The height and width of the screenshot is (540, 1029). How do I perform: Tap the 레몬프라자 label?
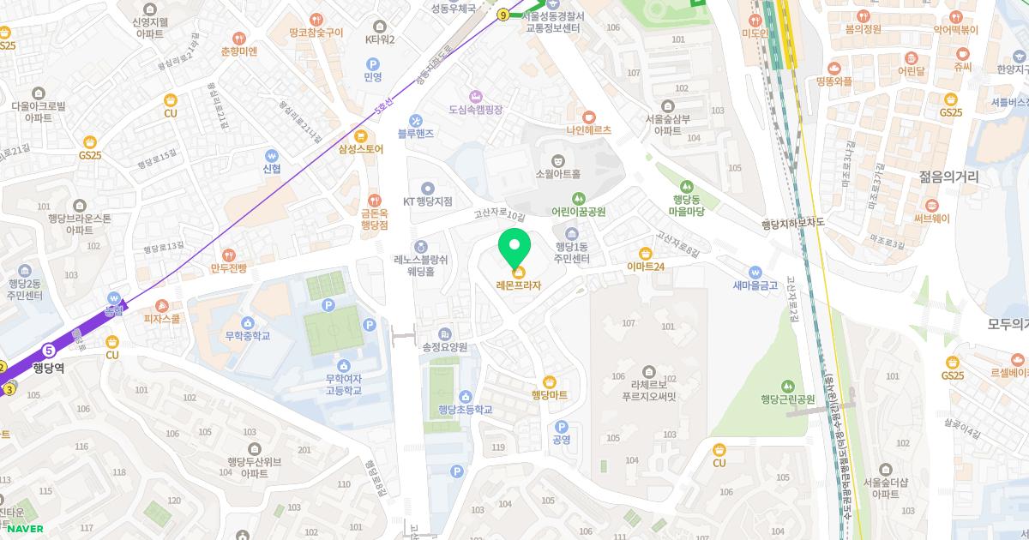pos(519,285)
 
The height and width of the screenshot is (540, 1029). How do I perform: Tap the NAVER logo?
pos(25,528)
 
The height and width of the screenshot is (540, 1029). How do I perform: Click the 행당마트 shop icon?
pos(550,381)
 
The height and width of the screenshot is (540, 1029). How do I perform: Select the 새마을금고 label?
pos(755,285)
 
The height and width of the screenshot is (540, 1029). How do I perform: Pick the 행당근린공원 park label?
pos(787,399)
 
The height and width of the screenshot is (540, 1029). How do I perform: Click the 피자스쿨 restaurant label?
pos(162,319)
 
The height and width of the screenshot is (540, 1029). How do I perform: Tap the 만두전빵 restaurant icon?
pos(228,255)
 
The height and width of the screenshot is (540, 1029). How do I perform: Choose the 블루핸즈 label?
pos(416,134)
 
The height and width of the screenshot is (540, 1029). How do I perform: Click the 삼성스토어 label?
pos(360,149)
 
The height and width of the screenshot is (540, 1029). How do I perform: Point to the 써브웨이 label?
pos(931,219)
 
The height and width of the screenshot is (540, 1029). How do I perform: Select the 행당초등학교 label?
pos(465,410)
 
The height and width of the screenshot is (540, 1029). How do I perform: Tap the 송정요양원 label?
pos(444,347)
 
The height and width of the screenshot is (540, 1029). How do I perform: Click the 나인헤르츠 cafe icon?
pos(588,117)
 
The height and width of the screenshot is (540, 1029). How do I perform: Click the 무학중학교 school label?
pos(247,336)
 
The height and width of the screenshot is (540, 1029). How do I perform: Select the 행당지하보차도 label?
pos(792,223)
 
